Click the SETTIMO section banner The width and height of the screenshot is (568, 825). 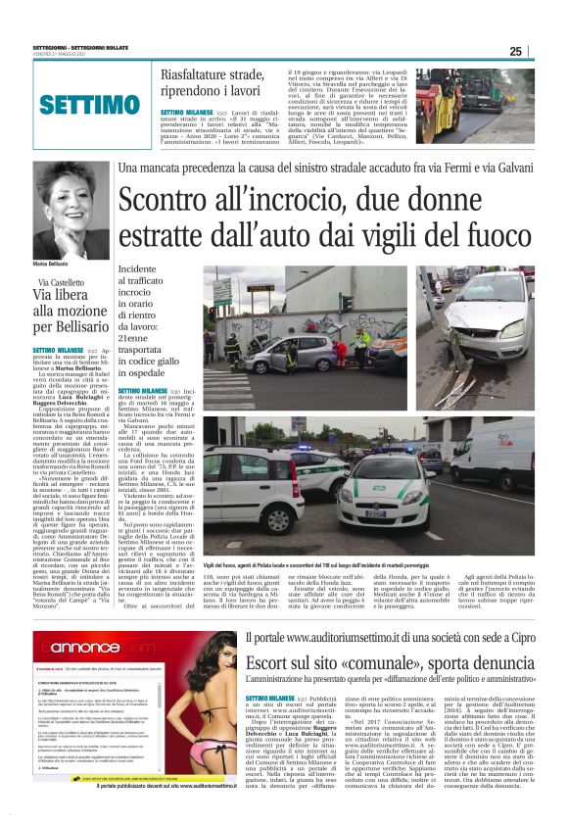[83, 105]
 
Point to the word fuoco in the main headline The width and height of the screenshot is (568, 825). [481, 237]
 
